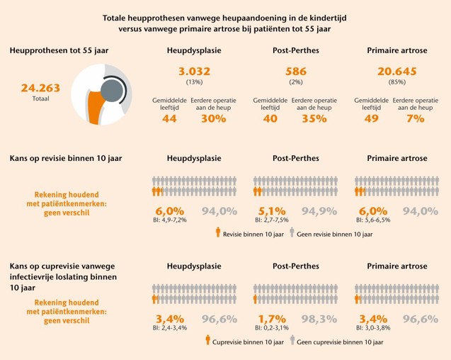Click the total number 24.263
(x=40, y=89)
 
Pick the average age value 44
(x=169, y=118)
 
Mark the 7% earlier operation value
(x=415, y=118)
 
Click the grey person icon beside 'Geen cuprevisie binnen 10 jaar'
(x=292, y=341)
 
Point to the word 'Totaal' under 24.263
(x=40, y=99)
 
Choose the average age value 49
(x=372, y=118)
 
